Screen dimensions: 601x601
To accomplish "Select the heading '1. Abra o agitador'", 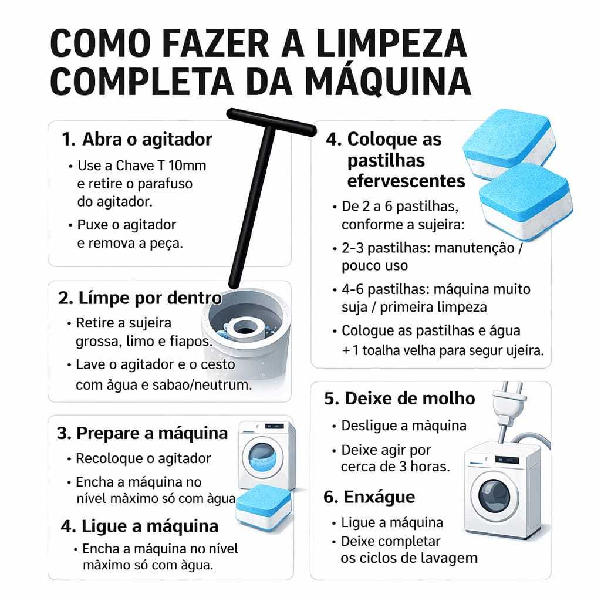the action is coord(137,139).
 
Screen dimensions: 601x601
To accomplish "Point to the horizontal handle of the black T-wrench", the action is coord(272,122).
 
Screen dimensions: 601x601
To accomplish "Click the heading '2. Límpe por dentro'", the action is coord(140,298).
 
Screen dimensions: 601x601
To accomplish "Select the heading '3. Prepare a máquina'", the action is coord(142,434).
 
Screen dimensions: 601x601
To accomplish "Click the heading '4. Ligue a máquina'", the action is coord(140,526).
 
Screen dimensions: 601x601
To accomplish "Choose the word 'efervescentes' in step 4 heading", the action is coord(406,181).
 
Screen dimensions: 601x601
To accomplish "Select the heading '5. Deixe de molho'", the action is coord(399,399).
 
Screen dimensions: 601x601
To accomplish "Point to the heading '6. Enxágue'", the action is coord(369,497).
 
